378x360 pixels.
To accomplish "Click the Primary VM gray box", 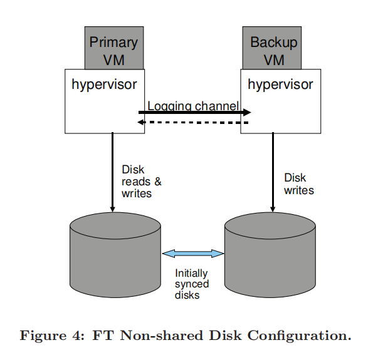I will (113, 51).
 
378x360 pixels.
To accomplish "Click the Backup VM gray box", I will (273, 51).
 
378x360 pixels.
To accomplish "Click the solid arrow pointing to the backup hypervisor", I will (194, 113).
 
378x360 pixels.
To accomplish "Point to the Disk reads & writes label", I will (141, 182).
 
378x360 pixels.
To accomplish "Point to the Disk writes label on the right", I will (298, 184).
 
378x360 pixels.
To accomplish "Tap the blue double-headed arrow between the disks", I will (193, 254).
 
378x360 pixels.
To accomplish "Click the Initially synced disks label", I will (192, 284).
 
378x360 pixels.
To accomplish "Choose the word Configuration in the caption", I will (299, 336).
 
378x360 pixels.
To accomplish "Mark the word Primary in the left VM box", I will (113, 43).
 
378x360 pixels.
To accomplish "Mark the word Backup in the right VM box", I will (273, 43).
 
